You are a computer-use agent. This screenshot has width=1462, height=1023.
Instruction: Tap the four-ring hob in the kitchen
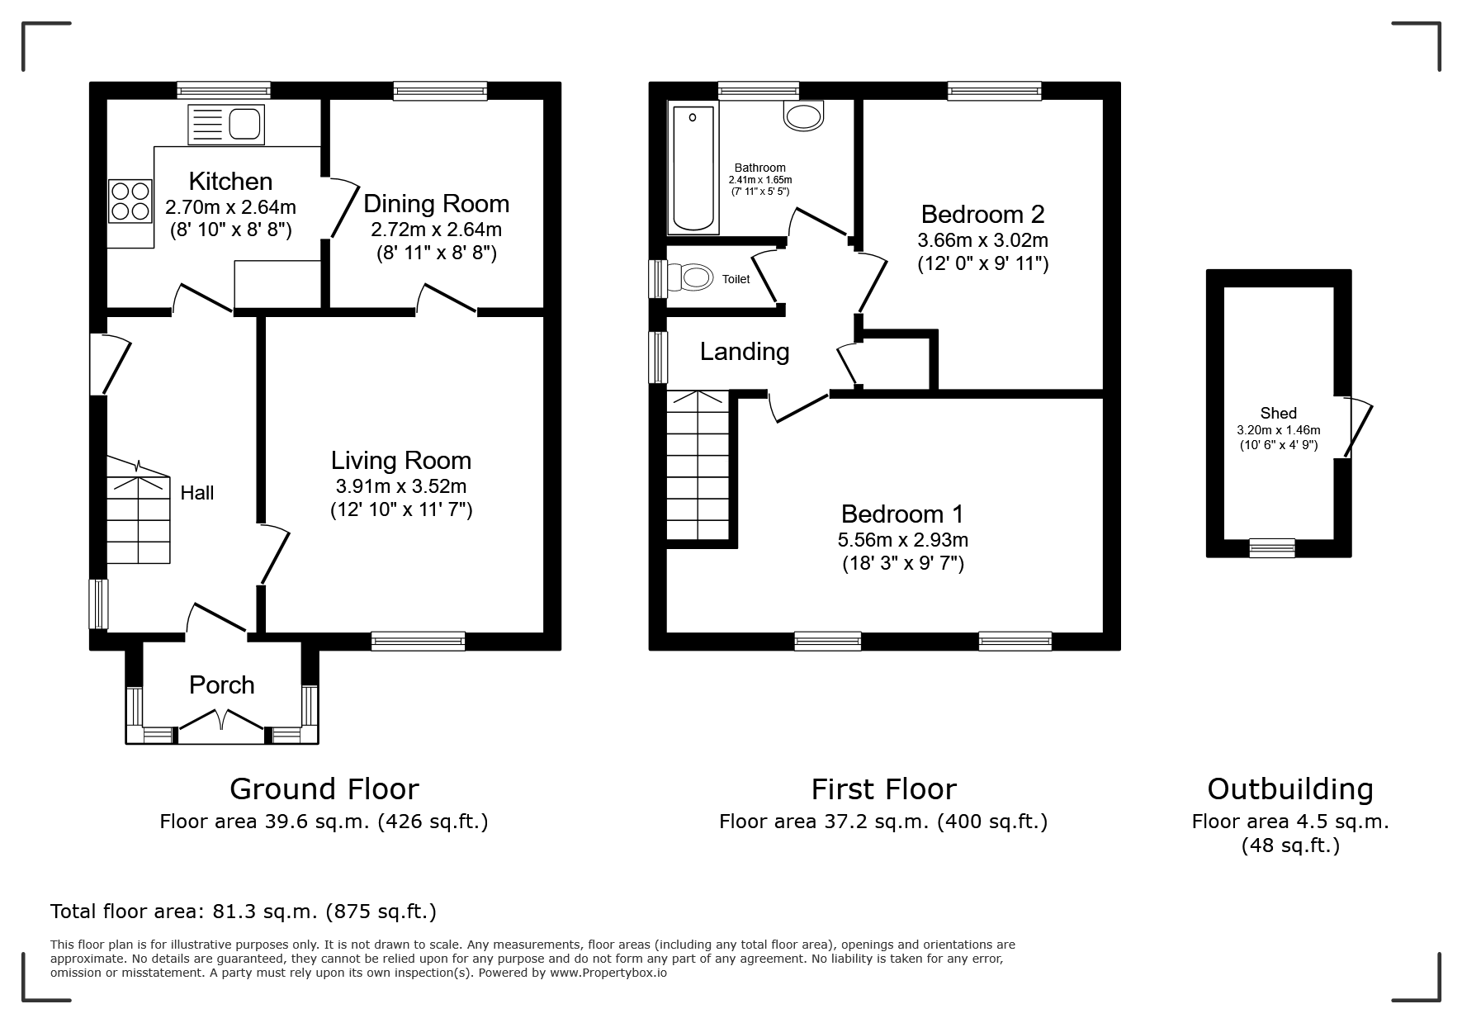[x=130, y=201]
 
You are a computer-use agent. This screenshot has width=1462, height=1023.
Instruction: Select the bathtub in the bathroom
[x=693, y=168]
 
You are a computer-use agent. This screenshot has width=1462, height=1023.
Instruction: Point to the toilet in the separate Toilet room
[x=691, y=277]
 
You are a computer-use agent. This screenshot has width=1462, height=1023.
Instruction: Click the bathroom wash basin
[x=804, y=116]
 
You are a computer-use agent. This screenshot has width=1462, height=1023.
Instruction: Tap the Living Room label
[x=401, y=460]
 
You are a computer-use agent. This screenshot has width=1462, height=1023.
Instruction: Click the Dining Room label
[x=436, y=203]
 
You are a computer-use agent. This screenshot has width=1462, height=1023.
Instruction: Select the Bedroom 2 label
[x=982, y=215]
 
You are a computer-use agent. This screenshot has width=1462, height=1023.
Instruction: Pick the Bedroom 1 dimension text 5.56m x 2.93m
[x=902, y=540]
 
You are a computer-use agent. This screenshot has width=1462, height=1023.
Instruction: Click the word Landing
[x=745, y=352]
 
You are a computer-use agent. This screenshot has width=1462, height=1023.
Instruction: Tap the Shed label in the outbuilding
[x=1278, y=414]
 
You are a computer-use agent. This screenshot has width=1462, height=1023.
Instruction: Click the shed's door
[x=1356, y=427]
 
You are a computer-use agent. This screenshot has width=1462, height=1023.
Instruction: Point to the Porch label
[x=221, y=684]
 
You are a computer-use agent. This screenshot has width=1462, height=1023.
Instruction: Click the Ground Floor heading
[x=324, y=789]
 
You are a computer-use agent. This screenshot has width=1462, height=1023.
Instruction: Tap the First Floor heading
[x=883, y=789]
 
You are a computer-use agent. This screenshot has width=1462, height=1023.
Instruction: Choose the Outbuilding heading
[x=1290, y=789]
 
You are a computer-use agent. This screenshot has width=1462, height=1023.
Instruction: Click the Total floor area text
[x=244, y=911]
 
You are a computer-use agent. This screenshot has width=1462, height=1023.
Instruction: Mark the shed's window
[x=1271, y=547]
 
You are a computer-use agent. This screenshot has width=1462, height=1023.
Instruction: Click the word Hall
[x=197, y=493]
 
